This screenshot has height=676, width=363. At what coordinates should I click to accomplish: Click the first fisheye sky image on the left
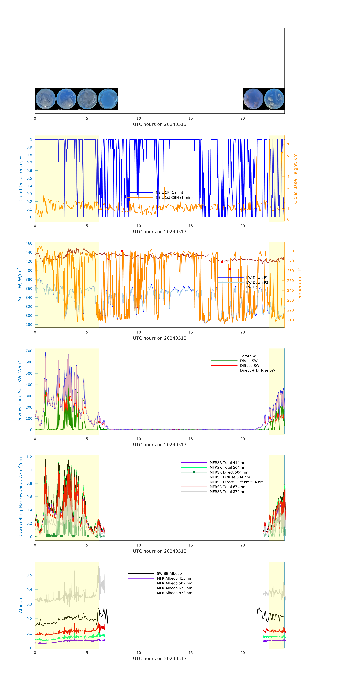point(45,99)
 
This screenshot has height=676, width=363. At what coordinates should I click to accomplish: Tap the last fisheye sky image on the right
point(274,99)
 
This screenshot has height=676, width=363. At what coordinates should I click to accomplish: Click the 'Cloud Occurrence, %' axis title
point(20,178)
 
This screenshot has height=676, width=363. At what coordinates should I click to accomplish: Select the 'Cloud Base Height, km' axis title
point(295,178)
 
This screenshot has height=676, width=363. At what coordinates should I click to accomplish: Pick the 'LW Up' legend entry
point(251,287)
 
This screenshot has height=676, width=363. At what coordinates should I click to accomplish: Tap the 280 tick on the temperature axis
point(290,251)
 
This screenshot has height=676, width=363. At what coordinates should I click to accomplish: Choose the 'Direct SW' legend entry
point(249,361)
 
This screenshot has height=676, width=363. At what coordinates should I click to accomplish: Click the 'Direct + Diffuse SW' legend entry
point(257,370)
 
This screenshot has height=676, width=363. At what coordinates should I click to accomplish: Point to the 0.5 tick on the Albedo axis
point(29,575)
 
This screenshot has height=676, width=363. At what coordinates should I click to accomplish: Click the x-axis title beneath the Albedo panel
point(160,658)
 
